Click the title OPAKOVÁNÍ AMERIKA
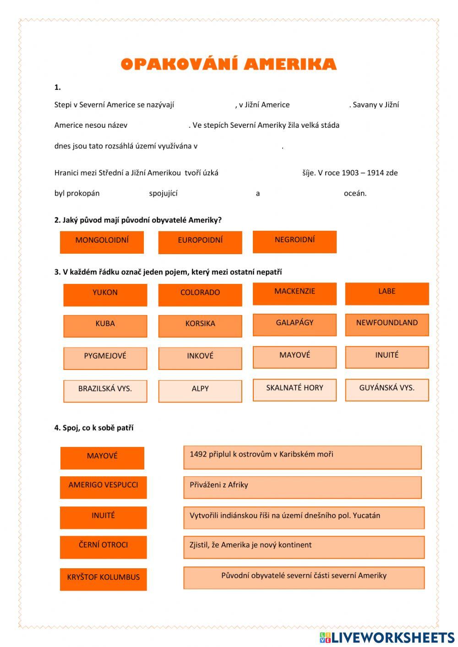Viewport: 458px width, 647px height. click(229, 64)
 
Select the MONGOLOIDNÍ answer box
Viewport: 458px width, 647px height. click(102, 242)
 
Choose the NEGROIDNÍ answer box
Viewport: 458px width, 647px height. click(294, 241)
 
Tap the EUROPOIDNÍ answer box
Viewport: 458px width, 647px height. click(200, 242)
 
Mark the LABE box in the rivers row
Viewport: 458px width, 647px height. click(387, 294)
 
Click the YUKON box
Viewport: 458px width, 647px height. click(105, 294)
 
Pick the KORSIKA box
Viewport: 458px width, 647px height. click(200, 326)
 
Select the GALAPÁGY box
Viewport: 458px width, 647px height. click(294, 325)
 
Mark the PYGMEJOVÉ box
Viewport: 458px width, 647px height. click(105, 358)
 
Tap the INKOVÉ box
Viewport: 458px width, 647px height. click(200, 358)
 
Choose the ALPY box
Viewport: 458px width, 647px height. click(200, 391)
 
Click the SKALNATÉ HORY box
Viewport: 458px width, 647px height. click(294, 390)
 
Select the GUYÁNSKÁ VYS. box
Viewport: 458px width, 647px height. click(387, 390)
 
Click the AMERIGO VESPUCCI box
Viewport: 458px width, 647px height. click(103, 487)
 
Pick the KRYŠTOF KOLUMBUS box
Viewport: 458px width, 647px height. click(103, 579)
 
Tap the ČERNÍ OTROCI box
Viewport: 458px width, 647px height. click(103, 547)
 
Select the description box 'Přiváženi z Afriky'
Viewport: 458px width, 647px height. click(302, 487)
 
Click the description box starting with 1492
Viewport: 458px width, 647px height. click(302, 457)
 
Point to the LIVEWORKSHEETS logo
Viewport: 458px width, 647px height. click(387, 637)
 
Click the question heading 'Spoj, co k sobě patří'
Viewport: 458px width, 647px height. click(94, 428)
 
